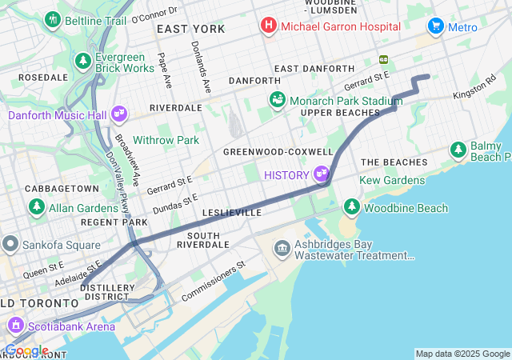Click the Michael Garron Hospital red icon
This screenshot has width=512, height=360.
click(x=268, y=26)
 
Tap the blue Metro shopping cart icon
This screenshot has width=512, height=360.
click(x=436, y=26)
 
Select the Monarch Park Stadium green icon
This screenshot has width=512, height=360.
click(x=277, y=100)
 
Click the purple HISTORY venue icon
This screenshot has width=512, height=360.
click(x=322, y=174)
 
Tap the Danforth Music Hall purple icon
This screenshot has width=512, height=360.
click(x=120, y=114)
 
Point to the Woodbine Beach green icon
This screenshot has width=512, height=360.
click(x=352, y=208)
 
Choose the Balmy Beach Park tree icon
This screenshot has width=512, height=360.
click(x=458, y=149)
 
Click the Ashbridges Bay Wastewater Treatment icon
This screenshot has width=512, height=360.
click(x=282, y=249)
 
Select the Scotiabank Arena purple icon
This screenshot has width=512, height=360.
click(x=15, y=326)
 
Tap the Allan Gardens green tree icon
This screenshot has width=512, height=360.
click(x=37, y=207)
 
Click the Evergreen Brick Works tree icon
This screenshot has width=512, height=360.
click(x=82, y=62)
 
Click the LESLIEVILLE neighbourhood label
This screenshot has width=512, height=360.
click(x=232, y=214)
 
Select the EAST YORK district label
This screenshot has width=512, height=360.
click(x=190, y=29)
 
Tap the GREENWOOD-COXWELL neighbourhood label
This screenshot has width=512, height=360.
click(x=278, y=152)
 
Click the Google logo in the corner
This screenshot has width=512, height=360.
click(x=26, y=350)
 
